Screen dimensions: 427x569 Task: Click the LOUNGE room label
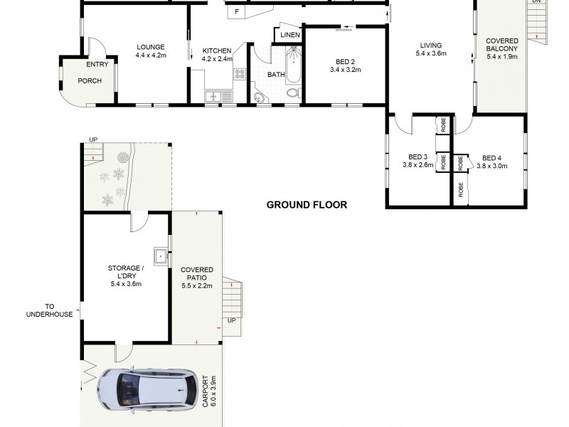pos(151,48)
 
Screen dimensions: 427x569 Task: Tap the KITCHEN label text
pos(217,51)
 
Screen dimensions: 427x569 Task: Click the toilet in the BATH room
pos(292,93)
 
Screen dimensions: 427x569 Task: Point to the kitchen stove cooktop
pos(240,73)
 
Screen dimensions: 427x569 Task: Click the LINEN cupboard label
pos(290,34)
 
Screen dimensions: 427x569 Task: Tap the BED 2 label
pos(345,60)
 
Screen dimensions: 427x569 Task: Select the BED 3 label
pos(418,157)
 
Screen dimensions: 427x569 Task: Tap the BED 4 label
pos(491,158)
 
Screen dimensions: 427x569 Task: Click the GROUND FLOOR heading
pos(307,205)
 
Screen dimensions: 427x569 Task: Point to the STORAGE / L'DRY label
pos(126,268)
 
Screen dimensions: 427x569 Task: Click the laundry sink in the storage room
pos(161,255)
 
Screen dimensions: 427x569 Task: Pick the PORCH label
pos(90,80)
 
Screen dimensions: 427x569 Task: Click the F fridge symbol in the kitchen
pos(236,11)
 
